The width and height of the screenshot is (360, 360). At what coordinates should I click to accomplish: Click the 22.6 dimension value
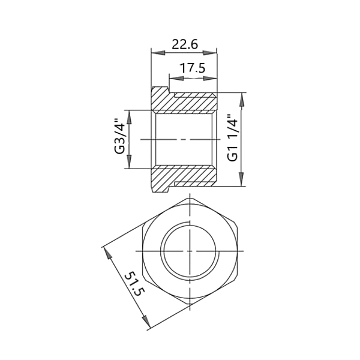pos(185,44)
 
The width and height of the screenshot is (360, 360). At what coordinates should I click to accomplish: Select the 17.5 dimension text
pos(192,68)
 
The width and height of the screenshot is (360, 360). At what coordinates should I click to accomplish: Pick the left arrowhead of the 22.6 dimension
pos(158,53)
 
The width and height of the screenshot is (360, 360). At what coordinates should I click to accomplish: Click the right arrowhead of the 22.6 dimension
pos(209,53)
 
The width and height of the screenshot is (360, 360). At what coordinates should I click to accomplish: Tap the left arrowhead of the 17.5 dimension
pos(176,78)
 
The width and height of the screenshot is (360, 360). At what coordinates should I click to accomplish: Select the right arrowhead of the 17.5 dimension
pos(210,78)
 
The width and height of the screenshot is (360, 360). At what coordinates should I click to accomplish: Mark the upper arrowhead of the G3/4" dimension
pos(129,118)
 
